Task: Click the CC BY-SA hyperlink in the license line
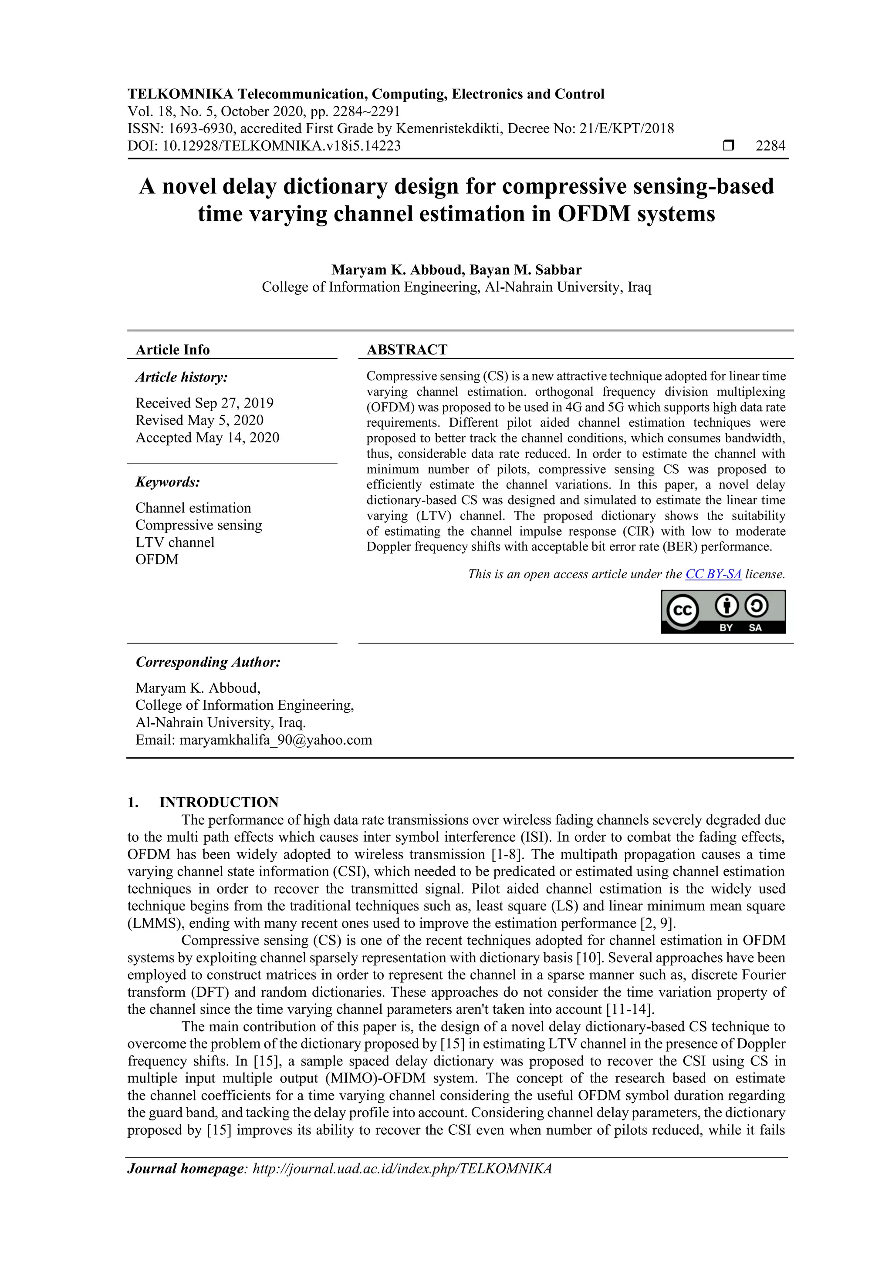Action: tap(713, 574)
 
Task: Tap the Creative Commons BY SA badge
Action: tap(723, 611)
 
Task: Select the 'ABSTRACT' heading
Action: tap(407, 349)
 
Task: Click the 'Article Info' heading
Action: tap(172, 349)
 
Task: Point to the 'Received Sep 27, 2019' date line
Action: tap(204, 403)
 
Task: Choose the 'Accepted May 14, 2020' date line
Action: tap(207, 438)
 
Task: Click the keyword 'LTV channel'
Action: tap(175, 542)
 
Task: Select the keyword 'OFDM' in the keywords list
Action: tap(157, 560)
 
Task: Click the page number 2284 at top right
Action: tap(770, 145)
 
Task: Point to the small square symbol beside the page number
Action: tap(728, 145)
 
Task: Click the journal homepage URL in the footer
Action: tap(402, 1168)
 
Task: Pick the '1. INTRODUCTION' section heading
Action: tap(219, 802)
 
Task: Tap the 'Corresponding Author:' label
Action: tap(208, 662)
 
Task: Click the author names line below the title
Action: tap(456, 270)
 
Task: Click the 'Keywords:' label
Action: tap(168, 482)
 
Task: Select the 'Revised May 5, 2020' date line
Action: tap(199, 420)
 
